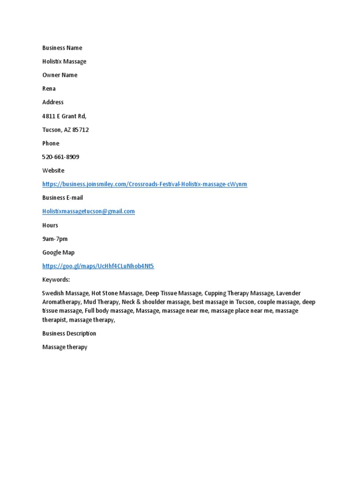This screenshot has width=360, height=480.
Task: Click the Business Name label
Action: click(62, 48)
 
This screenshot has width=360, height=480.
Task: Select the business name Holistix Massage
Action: click(64, 61)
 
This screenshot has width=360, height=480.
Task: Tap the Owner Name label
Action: click(60, 75)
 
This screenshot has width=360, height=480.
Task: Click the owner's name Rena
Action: click(49, 89)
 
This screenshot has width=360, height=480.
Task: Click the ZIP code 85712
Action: click(80, 130)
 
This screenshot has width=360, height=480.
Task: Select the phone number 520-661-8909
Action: click(60, 157)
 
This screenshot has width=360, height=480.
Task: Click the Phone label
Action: click(51, 143)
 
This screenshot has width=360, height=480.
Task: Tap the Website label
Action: click(53, 171)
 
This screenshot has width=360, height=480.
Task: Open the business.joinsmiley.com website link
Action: click(144, 184)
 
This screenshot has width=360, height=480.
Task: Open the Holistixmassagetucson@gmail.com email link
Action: click(89, 211)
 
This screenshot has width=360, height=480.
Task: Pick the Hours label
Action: click(50, 225)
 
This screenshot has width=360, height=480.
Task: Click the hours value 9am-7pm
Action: click(55, 239)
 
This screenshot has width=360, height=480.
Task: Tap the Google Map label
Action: click(58, 253)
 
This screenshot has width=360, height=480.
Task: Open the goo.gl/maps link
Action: click(98, 266)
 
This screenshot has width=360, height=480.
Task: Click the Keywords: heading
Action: click(56, 280)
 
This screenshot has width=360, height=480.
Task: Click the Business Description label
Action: click(69, 334)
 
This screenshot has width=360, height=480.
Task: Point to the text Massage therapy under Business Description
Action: click(65, 347)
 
